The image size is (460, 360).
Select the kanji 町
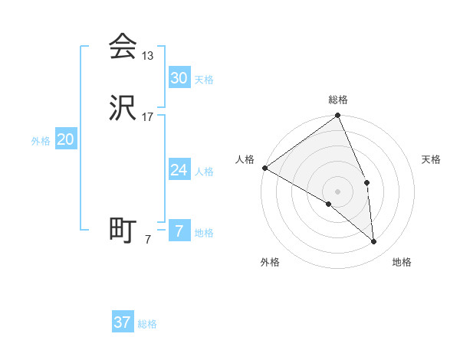point(123,230)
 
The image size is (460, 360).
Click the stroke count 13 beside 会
point(148,55)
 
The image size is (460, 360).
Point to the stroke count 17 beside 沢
point(148,117)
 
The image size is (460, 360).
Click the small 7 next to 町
point(148,240)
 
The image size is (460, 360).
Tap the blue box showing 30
point(179,78)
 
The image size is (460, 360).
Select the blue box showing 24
point(179,170)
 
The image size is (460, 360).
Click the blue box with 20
point(66,139)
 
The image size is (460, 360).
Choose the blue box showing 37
point(123,322)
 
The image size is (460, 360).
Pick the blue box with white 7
point(179,231)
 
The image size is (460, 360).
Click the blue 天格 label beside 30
point(204,80)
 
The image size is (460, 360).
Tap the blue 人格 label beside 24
point(204,172)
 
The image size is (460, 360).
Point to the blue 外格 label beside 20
point(41,141)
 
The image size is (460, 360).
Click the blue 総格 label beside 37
point(147,324)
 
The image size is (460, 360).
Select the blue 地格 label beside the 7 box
point(204,233)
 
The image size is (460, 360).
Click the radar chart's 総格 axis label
point(338,100)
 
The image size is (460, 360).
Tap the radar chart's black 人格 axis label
point(245,159)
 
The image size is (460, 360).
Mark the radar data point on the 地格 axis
point(374,242)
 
